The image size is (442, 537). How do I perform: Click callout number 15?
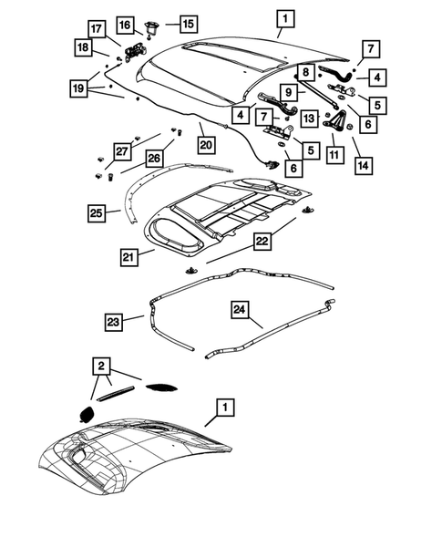(x=186, y=23)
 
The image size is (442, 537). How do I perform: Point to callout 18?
(x=83, y=47)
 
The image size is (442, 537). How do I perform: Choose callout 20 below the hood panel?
(x=205, y=143)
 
